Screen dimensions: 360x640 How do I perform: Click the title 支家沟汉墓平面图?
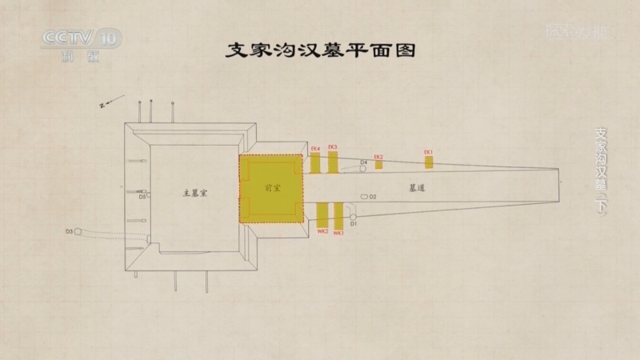[319, 50]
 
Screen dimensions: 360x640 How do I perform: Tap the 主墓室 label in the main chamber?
[195, 193]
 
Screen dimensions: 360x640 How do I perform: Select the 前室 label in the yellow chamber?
[272, 189]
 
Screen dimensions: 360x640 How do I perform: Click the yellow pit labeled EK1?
[429, 162]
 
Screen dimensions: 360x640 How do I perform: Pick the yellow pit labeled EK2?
[378, 164]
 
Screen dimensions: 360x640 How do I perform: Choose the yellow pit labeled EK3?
[333, 162]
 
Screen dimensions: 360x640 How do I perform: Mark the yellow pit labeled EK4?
[315, 162]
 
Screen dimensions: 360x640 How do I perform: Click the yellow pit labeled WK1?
[338, 215]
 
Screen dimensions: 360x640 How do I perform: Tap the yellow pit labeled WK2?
[322, 215]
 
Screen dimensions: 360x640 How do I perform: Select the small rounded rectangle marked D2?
[364, 196]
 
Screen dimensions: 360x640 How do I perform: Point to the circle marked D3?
[78, 231]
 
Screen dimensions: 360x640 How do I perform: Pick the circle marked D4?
[362, 168]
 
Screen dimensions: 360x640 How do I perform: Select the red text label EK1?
[428, 151]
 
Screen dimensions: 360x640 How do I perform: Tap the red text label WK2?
[322, 232]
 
